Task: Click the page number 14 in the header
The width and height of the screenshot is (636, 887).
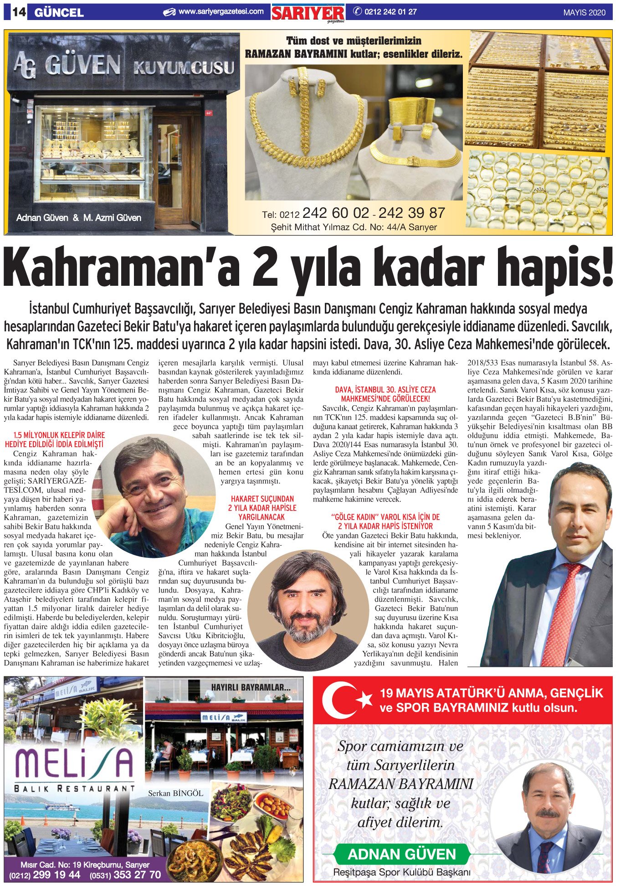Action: [x=17, y=12]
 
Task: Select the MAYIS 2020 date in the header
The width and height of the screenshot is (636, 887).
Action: [x=584, y=12]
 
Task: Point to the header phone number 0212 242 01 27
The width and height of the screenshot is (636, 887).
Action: [x=390, y=12]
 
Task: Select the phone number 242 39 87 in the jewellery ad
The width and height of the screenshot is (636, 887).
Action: [x=411, y=213]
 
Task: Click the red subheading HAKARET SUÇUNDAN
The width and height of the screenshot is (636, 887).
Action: [x=262, y=499]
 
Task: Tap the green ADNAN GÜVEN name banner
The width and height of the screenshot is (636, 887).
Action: [x=401, y=854]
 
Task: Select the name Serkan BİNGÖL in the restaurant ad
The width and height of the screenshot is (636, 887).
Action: [x=175, y=794]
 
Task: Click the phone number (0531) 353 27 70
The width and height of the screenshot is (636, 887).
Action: [x=125, y=875]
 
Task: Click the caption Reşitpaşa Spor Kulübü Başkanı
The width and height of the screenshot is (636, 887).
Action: [x=401, y=872]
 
